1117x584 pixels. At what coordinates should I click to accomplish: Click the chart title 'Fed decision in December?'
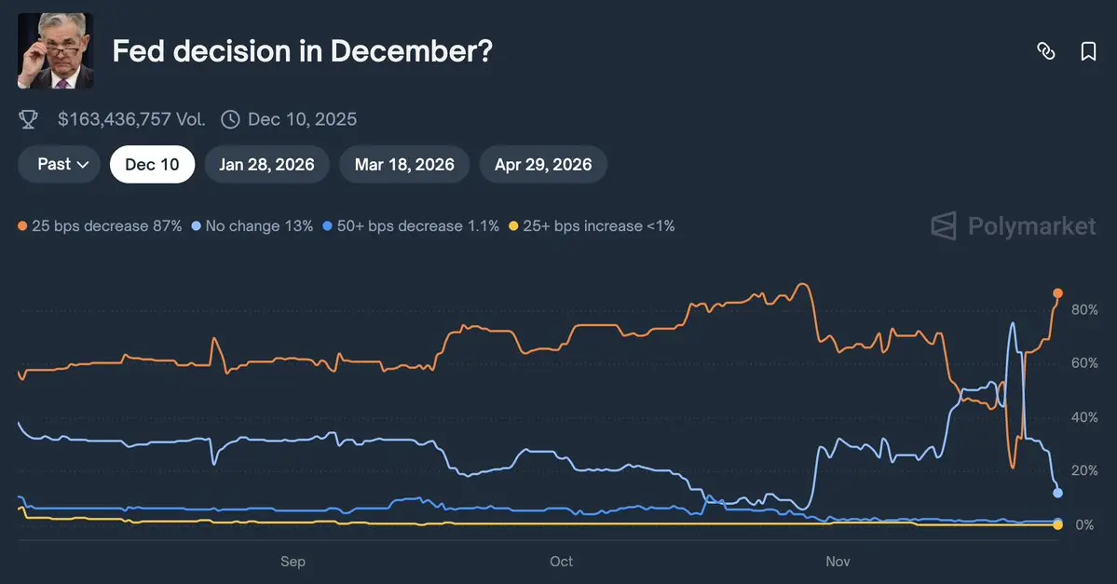[302, 51]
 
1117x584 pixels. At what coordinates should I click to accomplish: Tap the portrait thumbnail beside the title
[56, 51]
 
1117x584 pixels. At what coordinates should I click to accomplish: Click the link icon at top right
[1046, 51]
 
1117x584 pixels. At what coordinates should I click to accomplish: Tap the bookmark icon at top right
[1088, 51]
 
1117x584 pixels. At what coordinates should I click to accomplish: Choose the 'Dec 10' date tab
[152, 165]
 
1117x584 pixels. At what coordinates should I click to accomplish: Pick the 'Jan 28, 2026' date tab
[266, 165]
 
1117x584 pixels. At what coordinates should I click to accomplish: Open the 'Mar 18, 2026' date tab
[404, 165]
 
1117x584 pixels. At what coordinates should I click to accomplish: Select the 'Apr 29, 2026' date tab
[543, 165]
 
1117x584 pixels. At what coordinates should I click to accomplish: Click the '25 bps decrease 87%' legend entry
[100, 225]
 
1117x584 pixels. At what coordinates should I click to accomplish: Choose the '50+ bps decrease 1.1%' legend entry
[410, 225]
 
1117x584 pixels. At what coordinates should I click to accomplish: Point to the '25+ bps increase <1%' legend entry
[592, 225]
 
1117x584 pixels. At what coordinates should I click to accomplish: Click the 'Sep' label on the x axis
[293, 562]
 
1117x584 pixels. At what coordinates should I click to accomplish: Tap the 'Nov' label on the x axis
[838, 562]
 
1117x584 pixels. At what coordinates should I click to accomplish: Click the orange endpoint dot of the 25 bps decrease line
[1057, 293]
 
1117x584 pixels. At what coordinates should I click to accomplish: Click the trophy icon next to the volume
[29, 119]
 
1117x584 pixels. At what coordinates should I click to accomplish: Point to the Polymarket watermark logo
[1014, 225]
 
